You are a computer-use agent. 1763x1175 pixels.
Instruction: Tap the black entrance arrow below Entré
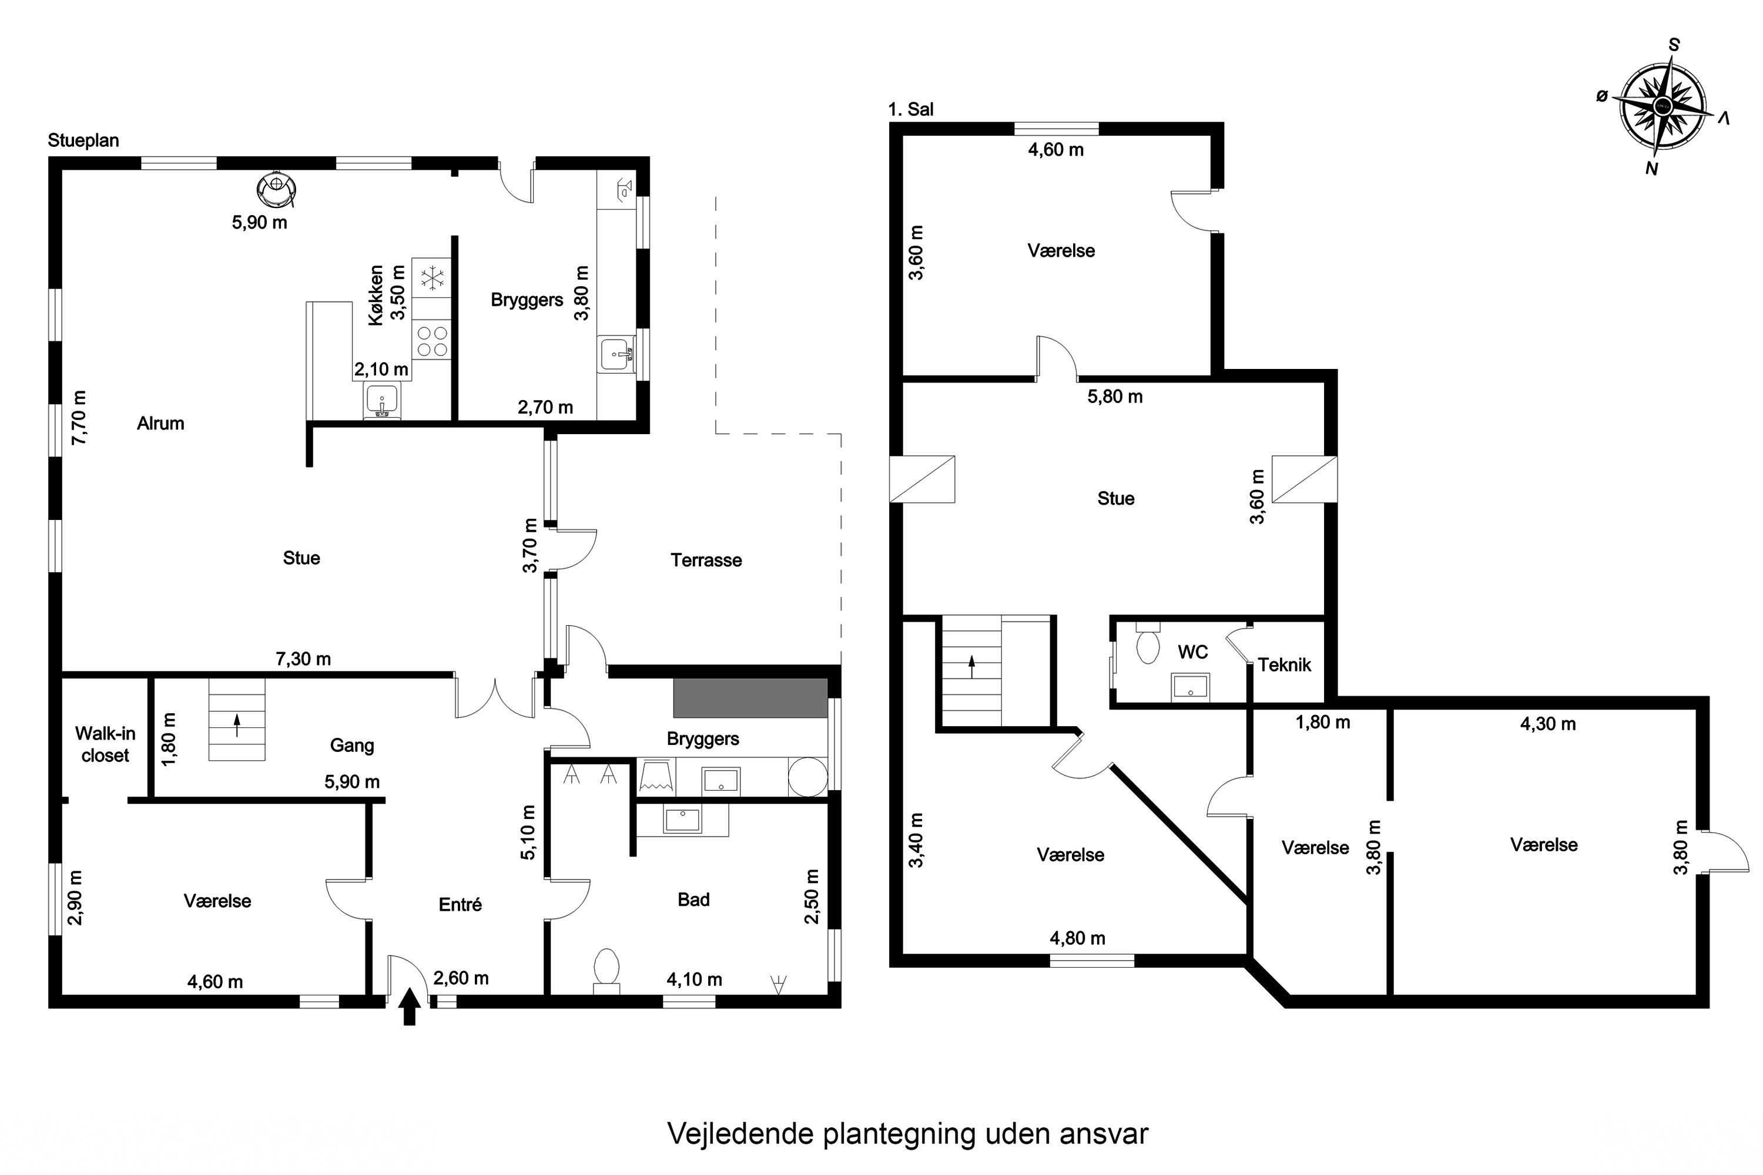point(409,1006)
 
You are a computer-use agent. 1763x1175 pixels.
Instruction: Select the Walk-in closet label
point(105,744)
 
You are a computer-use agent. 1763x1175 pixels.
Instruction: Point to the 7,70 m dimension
point(79,417)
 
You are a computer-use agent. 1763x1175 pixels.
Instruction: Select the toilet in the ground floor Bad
point(606,969)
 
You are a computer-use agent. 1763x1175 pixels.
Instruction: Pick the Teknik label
point(1284,664)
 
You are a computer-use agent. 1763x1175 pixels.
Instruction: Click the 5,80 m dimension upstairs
point(1115,397)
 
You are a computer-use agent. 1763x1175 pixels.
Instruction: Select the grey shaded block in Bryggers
point(750,699)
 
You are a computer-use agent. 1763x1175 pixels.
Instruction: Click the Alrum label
point(160,424)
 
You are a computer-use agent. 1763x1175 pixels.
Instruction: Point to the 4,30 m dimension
point(1547,724)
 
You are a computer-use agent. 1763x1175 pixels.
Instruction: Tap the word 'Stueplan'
point(83,141)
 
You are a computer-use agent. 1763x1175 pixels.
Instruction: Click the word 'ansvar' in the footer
point(1104,1134)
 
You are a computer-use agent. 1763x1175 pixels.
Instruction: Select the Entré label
point(460,905)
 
